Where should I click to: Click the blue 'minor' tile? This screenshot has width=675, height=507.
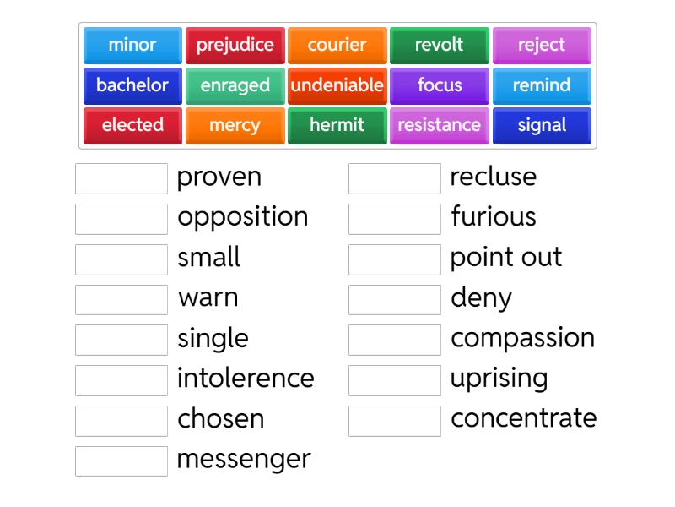point(132,45)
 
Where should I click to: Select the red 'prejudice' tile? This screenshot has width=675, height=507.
point(235,45)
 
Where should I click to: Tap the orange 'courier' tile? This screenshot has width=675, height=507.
point(337,45)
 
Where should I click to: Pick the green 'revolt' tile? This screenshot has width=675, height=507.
point(439,45)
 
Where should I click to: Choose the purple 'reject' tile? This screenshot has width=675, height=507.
point(542,45)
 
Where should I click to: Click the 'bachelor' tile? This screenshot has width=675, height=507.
point(132,85)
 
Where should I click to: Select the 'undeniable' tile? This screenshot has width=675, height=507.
point(337,85)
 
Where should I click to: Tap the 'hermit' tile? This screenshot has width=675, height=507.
point(337,125)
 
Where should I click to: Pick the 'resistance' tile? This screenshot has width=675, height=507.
point(439,125)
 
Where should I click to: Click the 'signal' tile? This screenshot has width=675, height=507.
point(542,125)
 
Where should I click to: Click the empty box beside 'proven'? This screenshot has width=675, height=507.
point(121,178)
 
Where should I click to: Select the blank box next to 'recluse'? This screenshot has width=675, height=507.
point(395,178)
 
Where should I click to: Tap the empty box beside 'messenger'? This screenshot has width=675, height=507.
point(121,461)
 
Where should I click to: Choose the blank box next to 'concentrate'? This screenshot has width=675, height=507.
point(395,420)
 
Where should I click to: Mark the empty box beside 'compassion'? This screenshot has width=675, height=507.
point(395,340)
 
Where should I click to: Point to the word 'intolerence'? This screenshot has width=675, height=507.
point(246,378)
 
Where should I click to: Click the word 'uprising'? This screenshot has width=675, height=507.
point(499,378)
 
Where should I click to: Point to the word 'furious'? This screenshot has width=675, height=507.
point(494,216)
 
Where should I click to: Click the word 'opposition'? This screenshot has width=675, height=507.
point(242,217)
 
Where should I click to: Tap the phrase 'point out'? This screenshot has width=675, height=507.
point(505,257)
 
